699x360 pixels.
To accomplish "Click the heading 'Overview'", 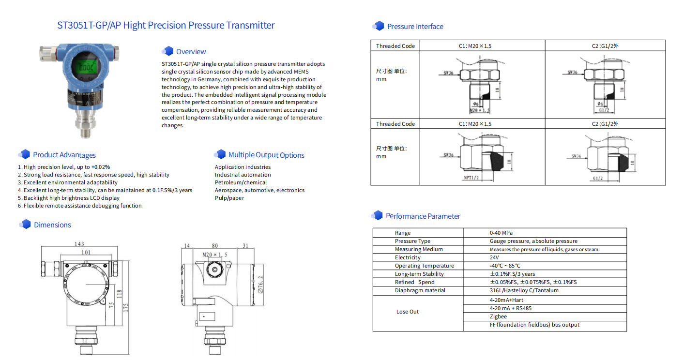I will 191,52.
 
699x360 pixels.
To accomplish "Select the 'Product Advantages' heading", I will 64,155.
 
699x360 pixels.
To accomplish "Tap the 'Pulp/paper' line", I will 229,198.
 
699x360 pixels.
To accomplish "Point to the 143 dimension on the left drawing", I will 79,244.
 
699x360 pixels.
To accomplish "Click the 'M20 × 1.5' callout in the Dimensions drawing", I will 214,255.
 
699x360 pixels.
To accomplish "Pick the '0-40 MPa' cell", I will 501,233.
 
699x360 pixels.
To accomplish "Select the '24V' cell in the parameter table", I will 494,257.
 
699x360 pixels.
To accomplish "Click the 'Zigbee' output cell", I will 498,316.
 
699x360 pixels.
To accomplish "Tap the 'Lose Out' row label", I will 408,312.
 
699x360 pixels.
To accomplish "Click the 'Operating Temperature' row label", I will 425,266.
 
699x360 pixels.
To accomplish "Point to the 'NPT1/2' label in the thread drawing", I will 471,178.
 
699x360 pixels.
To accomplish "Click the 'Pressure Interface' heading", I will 415,27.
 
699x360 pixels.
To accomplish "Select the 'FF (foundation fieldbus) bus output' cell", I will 534,325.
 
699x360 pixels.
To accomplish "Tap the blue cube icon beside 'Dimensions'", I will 25,225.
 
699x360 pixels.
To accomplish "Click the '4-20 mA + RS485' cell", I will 511,308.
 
